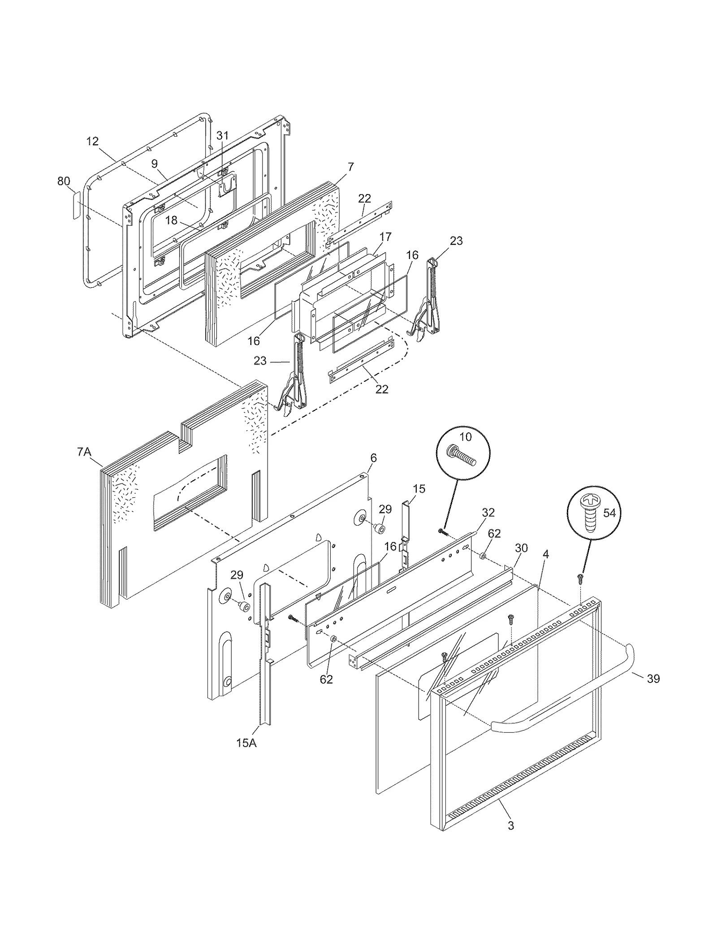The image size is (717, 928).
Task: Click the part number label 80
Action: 64,181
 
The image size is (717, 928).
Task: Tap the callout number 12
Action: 92,141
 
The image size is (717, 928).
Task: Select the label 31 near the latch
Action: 222,135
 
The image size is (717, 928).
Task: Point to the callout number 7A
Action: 84,452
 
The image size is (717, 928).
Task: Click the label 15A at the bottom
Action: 246,743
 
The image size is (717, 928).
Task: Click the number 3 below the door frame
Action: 511,825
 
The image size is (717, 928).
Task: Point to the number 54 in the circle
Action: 609,513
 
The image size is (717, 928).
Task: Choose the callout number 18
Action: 171,220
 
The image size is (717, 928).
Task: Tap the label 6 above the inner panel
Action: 373,458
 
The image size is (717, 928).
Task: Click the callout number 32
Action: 488,512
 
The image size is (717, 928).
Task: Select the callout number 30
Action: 521,548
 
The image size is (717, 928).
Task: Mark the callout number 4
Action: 545,554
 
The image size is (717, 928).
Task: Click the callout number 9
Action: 154,164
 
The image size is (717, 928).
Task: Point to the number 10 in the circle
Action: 466,436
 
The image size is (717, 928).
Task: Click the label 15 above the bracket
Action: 419,488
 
